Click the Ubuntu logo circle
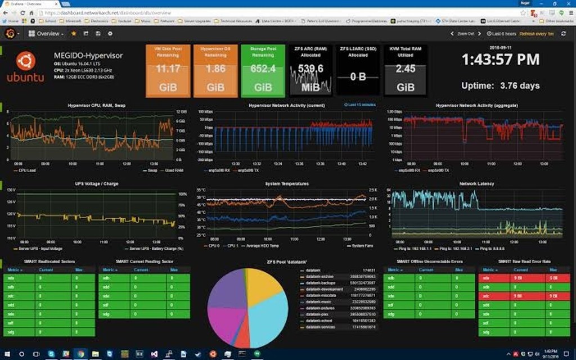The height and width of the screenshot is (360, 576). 25,61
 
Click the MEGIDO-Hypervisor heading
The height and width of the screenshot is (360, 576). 88,56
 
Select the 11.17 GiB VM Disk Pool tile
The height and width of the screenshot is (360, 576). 168,71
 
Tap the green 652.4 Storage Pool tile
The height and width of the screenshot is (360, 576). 263,71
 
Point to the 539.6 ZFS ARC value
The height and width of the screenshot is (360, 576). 310,69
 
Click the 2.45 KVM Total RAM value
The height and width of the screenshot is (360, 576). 406,69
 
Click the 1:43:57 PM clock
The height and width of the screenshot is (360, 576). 501,60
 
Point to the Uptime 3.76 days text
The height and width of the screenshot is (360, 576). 500,85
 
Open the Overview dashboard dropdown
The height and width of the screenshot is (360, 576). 48,34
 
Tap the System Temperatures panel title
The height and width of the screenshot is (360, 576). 287,183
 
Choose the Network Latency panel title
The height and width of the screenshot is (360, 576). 478,183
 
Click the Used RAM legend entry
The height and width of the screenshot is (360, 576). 175,170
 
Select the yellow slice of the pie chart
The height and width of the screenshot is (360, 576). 264,287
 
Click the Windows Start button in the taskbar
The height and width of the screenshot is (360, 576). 7,354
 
